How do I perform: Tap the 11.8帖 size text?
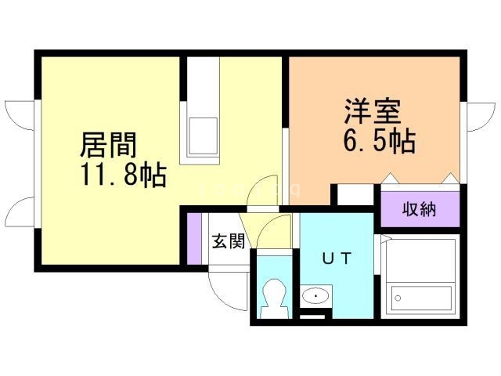121,175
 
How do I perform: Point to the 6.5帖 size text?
377,142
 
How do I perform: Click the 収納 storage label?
420,209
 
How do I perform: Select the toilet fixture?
273,296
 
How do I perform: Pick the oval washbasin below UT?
315,296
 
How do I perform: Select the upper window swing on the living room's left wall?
20,116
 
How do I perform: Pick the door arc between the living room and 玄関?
264,190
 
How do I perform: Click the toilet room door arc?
276,233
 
